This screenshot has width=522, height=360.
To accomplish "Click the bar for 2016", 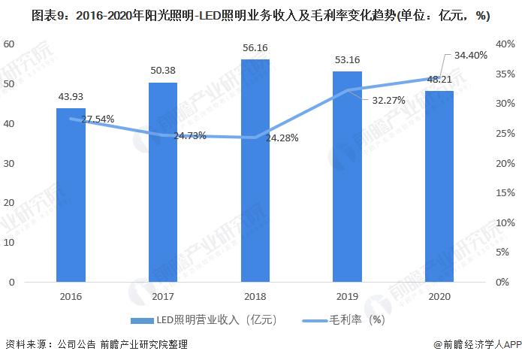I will pyautogui.click(x=71, y=195).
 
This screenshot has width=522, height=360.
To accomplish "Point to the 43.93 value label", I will pyautogui.click(x=71, y=96).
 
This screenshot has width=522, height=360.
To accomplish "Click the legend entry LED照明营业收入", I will pyautogui.click(x=203, y=319).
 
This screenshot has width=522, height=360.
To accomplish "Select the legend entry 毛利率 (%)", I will pyautogui.click(x=353, y=319).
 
